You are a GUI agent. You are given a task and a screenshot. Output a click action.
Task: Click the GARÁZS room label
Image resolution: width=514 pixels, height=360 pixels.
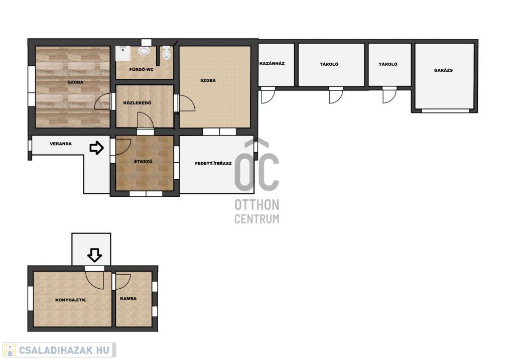pyautogui.click(x=443, y=70)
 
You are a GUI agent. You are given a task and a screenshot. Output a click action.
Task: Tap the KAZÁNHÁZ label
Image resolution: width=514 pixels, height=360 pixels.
pyautogui.click(x=272, y=63)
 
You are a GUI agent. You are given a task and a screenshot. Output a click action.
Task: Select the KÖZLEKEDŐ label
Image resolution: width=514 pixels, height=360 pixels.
pyautogui.click(x=137, y=103)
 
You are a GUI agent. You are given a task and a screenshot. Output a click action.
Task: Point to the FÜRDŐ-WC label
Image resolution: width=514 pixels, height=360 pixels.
pyautogui.click(x=141, y=69)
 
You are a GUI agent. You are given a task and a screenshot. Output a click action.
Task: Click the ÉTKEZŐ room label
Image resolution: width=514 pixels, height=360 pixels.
pyautogui.click(x=143, y=161)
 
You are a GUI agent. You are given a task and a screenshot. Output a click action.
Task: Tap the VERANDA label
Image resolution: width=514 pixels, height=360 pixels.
pyautogui.click(x=61, y=144)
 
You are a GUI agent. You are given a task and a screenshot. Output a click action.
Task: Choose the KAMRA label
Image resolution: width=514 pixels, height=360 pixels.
pyautogui.click(x=128, y=299)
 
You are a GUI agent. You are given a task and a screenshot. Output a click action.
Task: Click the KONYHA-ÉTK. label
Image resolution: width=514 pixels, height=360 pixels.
pyautogui.click(x=71, y=300)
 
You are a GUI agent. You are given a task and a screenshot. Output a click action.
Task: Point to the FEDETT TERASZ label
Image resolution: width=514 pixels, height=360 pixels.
pyautogui.click(x=213, y=163)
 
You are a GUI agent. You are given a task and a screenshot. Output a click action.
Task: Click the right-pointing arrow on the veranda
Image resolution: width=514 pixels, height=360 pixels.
pyautogui.click(x=97, y=148)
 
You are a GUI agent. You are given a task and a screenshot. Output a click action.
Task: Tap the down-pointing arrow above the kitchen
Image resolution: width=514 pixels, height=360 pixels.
pyautogui.click(x=95, y=255)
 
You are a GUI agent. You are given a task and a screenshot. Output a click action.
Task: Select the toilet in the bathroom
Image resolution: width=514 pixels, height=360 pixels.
pyautogui.click(x=167, y=52)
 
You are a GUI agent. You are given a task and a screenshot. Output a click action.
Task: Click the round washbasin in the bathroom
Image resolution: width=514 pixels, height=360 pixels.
pyautogui.click(x=144, y=51)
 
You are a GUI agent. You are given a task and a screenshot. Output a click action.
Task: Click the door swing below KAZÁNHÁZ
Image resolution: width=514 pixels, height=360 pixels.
pyautogui.click(x=268, y=97)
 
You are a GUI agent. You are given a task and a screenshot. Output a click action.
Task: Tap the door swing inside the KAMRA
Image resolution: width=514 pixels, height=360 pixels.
pyautogui.click(x=122, y=281)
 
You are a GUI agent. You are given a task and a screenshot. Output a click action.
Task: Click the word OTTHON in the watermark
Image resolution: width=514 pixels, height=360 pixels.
pyautogui.click(x=256, y=205)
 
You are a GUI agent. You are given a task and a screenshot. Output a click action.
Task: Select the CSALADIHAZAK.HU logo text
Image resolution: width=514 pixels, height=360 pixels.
pyautogui.click(x=64, y=350)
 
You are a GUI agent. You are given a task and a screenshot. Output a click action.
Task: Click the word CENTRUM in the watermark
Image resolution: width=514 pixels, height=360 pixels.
pyautogui.click(x=256, y=219)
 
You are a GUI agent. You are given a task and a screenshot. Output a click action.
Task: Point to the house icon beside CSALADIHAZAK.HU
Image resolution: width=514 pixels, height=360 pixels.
pyautogui.click(x=10, y=350)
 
